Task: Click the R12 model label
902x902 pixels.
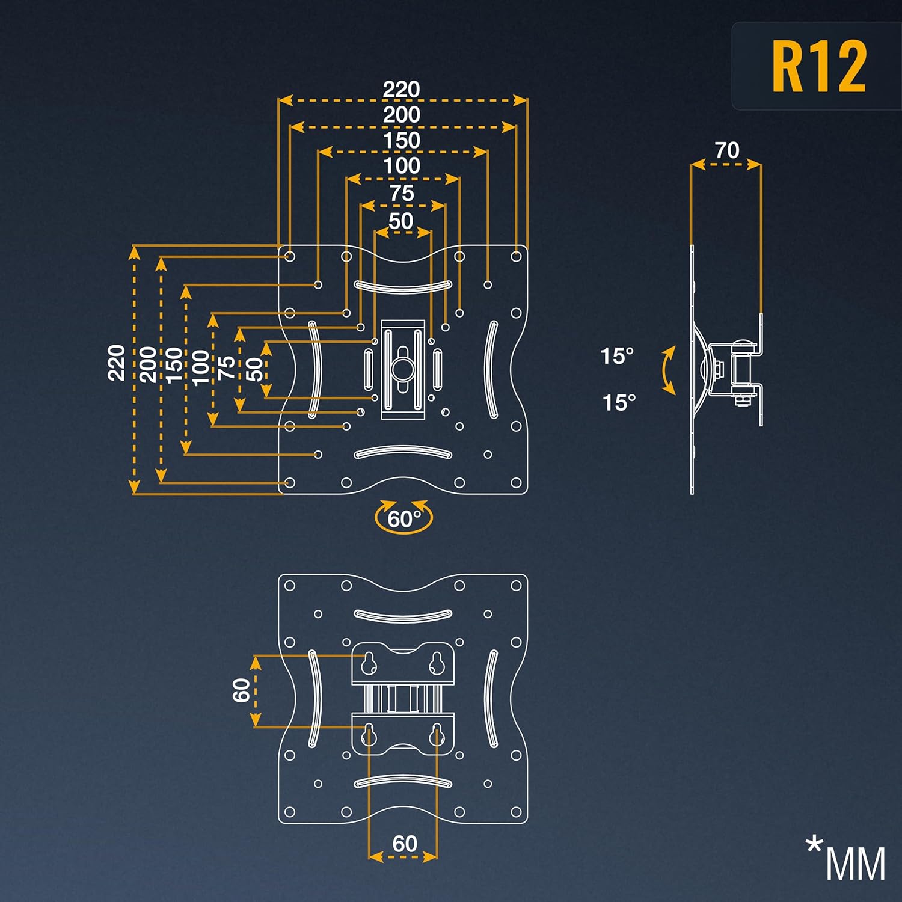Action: click(818, 67)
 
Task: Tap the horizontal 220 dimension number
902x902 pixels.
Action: click(401, 90)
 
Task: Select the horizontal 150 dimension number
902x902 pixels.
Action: click(402, 140)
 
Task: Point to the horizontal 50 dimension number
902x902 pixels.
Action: click(401, 221)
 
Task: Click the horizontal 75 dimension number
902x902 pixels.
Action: click(402, 193)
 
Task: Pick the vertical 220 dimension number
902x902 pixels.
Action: click(117, 363)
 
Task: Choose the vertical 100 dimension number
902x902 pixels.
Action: click(201, 367)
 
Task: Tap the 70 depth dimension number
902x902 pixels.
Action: click(726, 150)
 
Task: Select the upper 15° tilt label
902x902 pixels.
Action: click(617, 356)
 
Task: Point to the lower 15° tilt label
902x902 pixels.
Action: click(619, 402)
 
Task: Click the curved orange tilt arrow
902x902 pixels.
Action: click(668, 370)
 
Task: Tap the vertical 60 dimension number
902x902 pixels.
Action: click(241, 690)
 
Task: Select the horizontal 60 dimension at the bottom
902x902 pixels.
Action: click(404, 844)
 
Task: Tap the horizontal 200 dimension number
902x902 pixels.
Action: click(402, 114)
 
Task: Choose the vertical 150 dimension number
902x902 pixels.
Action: click(174, 365)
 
